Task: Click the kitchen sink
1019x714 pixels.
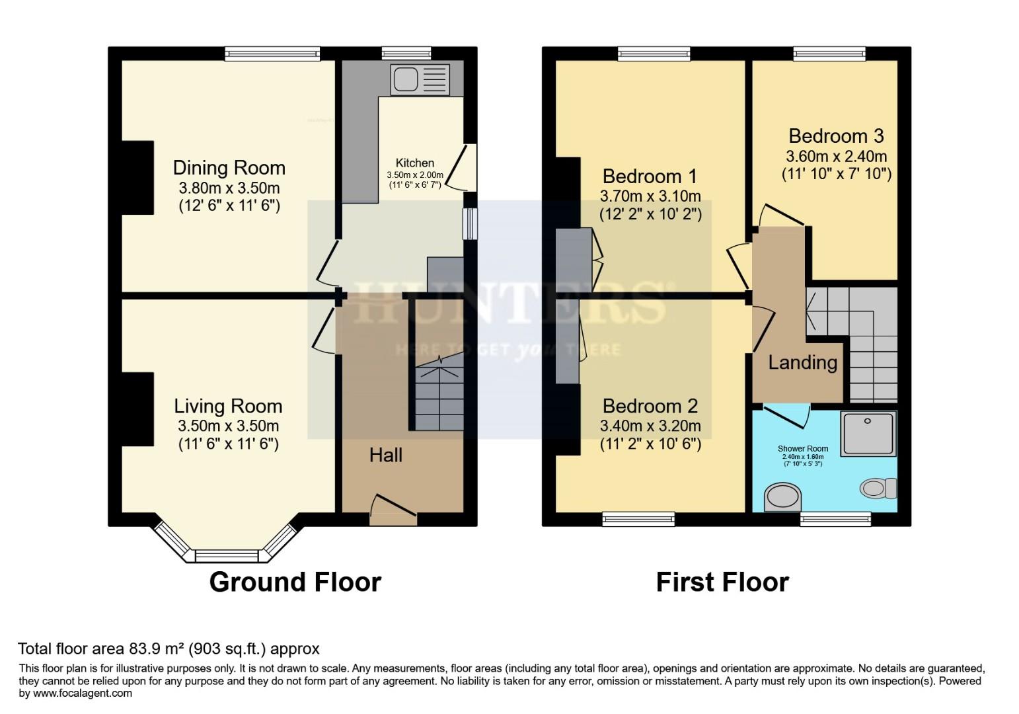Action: point(420,79)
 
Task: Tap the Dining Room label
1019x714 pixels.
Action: point(229,167)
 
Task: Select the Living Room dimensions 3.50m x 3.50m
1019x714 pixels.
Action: point(227,426)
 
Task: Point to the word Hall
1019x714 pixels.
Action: point(385,455)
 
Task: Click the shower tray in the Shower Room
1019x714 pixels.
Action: point(868,433)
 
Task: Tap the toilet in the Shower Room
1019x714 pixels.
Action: point(877,489)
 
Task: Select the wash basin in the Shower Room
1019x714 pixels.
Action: point(782,497)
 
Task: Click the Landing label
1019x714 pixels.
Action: point(802,362)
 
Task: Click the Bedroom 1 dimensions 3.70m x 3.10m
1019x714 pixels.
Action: point(650,196)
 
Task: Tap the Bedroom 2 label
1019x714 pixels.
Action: point(650,406)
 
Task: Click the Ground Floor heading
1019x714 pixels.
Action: point(295,582)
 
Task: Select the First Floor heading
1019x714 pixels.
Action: point(722,582)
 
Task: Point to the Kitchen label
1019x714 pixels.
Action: point(415,163)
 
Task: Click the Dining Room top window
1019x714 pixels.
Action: point(272,54)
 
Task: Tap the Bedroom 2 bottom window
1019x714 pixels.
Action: point(638,520)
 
